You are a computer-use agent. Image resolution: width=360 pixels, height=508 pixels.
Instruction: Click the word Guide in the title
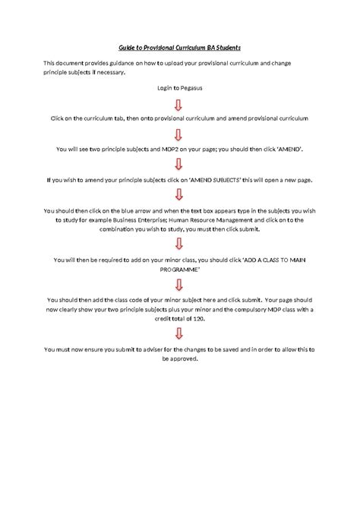(x=128, y=47)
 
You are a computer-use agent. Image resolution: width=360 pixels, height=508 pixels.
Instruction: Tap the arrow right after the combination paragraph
(x=179, y=244)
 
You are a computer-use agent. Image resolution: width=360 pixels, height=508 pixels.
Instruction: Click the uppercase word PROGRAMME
(x=180, y=268)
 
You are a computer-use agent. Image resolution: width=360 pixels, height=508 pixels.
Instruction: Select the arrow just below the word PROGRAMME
(x=179, y=283)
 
